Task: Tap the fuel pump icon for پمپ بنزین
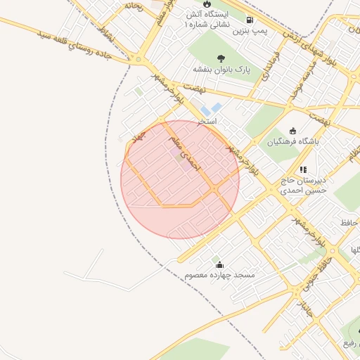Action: [x=250, y=20]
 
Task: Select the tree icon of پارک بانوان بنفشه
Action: [x=221, y=58]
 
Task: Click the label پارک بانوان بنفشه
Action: [x=222, y=70]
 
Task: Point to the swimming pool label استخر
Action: [x=206, y=121]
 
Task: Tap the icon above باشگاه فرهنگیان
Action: [x=293, y=131]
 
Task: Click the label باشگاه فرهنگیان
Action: [x=292, y=141]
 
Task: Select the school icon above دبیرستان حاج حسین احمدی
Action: [x=303, y=169]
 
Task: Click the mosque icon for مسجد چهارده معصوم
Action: [x=220, y=265]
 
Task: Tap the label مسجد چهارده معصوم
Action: [x=220, y=276]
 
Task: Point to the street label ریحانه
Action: [x=134, y=6]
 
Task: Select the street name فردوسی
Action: [x=274, y=64]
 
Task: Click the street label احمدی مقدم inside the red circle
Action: [x=185, y=155]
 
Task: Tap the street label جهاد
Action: [x=136, y=137]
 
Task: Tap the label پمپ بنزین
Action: [x=251, y=32]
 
